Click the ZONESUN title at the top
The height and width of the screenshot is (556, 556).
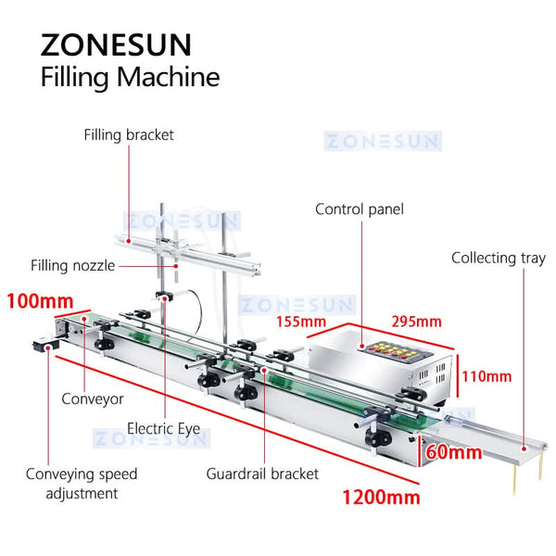click(x=115, y=44)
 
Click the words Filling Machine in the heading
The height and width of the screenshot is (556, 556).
click(x=130, y=77)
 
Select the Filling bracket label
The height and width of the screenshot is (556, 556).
click(x=129, y=135)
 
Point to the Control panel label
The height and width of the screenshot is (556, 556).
click(x=360, y=209)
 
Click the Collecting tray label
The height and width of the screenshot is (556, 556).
click(x=498, y=258)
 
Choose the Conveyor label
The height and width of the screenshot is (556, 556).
click(x=92, y=399)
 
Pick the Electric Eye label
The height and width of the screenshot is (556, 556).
click(x=163, y=429)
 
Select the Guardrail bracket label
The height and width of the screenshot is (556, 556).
click(x=262, y=474)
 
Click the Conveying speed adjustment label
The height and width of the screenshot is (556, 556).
click(x=81, y=483)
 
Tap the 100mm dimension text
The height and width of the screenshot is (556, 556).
click(x=42, y=301)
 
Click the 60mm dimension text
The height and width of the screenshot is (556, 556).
click(x=454, y=452)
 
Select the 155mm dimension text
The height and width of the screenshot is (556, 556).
click(x=300, y=322)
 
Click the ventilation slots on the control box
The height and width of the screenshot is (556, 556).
click(x=428, y=377)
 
